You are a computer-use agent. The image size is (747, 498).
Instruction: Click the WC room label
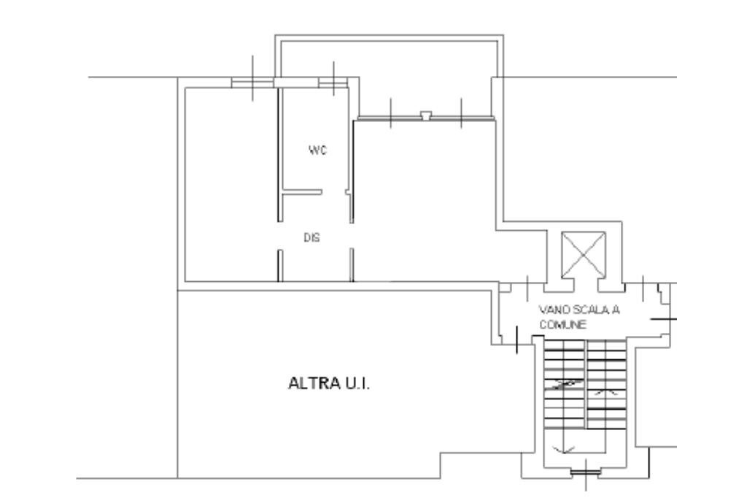coord(317,150)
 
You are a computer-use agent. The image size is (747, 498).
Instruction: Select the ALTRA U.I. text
coord(330,383)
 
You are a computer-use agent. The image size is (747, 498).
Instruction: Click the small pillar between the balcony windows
coord(426,115)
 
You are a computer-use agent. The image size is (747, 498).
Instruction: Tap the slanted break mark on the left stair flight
coord(566,383)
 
